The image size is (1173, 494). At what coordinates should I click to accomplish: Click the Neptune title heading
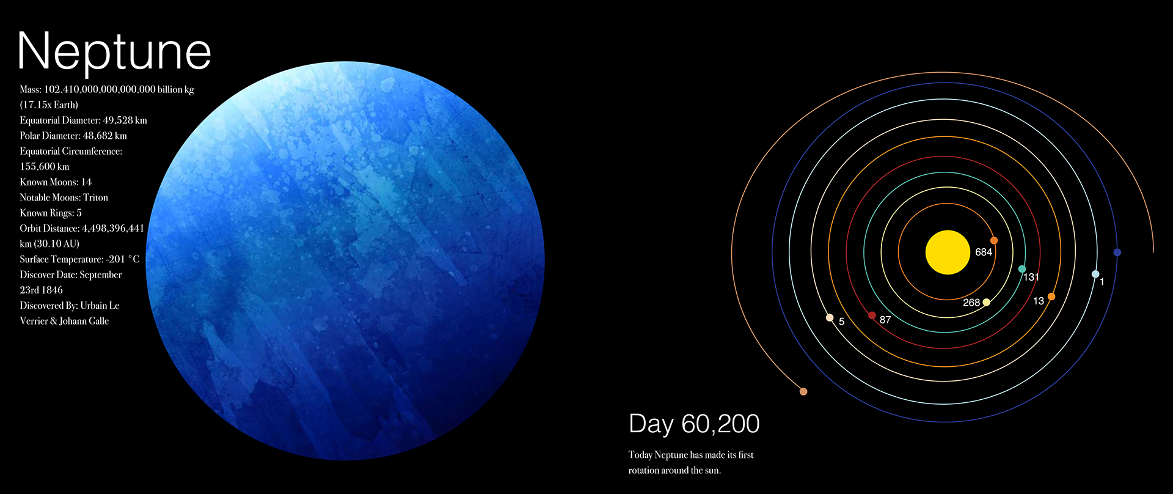[114, 53]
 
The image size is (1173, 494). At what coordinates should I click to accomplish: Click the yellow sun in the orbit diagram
[948, 253]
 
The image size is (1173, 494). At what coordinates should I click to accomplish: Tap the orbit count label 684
[984, 252]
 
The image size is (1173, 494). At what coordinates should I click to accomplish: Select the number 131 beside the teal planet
[1031, 277]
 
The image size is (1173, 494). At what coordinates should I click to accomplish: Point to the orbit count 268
[971, 303]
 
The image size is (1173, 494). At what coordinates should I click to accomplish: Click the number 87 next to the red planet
[885, 320]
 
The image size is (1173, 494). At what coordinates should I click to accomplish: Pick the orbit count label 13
[1039, 301]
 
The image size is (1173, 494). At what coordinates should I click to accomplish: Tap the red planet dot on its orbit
[872, 315]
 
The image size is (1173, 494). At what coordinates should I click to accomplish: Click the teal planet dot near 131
[1022, 269]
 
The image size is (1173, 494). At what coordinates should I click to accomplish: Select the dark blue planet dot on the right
[1117, 253]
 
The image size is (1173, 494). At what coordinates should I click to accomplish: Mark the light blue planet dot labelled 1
[1095, 274]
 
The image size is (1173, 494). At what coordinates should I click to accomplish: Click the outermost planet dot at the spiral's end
[803, 391]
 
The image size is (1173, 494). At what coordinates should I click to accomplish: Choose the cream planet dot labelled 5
[830, 317]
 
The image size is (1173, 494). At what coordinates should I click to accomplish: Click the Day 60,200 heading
[694, 424]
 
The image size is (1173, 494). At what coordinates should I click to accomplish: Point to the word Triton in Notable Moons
[95, 197]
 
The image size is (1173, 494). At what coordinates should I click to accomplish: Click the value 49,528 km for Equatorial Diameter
[125, 120]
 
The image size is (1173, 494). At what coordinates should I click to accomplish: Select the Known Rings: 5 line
[51, 213]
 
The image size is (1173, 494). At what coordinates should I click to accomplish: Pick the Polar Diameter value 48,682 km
[105, 136]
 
